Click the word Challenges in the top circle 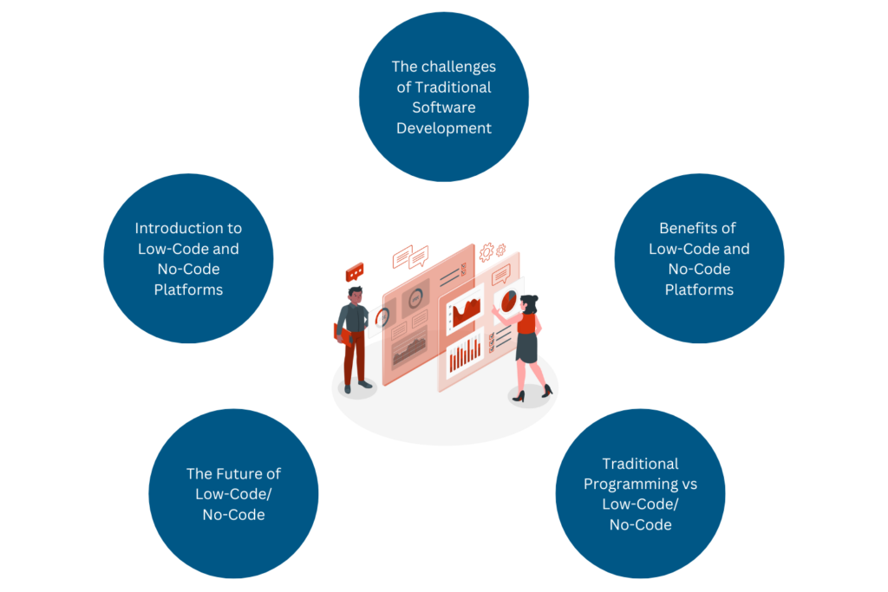462,66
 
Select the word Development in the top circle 443,128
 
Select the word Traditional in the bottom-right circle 640,463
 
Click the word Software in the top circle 443,107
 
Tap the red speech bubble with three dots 354,272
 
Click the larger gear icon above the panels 486,252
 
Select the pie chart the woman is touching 506,300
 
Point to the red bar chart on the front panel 465,354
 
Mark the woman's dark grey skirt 526,346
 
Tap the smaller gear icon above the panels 500,250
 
